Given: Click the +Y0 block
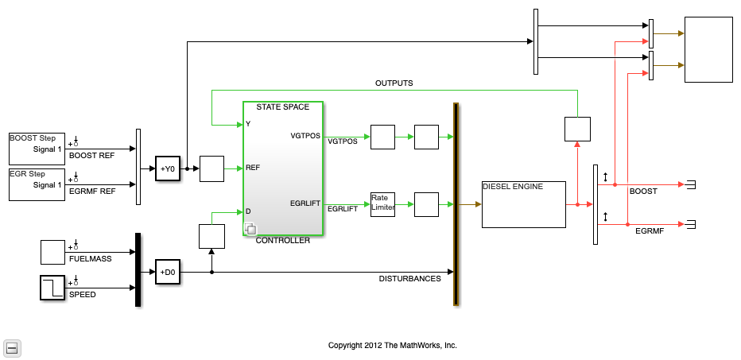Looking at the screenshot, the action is tap(168, 168).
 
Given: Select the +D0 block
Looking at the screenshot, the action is tap(168, 272).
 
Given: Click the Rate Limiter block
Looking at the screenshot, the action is tap(382, 204).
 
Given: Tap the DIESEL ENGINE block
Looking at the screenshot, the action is tap(524, 204).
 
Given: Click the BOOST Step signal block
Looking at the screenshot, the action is tap(37, 149).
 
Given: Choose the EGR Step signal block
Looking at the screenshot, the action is tap(37, 184).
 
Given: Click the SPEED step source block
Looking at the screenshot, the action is tap(52, 288).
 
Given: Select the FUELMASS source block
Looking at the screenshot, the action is tap(52, 252).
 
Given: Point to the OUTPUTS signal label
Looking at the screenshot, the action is tap(394, 83).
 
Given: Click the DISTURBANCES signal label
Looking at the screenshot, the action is tap(409, 279).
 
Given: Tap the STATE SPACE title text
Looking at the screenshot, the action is tap(282, 106).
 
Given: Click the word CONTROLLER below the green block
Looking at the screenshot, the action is tap(282, 241).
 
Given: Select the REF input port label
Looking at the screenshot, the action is tap(252, 168).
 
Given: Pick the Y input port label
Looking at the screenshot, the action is tap(248, 124).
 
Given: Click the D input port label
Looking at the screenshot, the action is tap(248, 211).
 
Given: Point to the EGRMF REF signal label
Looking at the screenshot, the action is tap(91, 192).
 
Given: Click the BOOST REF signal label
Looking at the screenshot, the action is tap(91, 156).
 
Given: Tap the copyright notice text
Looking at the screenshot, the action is tap(393, 346).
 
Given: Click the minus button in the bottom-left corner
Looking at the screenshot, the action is tap(12, 349).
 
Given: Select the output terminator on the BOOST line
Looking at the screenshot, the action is tap(691, 184).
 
